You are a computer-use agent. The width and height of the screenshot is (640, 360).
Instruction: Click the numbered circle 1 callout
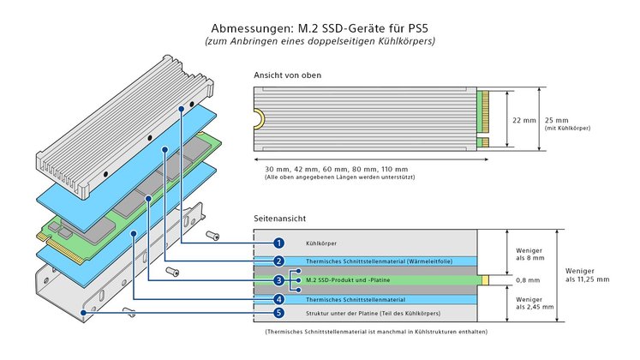tap(278, 243)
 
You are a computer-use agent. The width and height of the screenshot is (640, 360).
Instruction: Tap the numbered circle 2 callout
tap(278, 261)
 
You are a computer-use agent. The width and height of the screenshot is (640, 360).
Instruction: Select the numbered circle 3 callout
tap(278, 279)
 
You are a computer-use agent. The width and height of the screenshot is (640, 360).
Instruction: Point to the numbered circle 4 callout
tap(278, 299)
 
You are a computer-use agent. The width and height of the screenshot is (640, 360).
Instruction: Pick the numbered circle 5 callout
tap(278, 314)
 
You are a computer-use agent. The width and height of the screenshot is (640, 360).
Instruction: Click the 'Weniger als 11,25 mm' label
tap(587, 273)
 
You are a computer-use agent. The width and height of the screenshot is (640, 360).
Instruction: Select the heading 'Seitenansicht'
tap(279, 219)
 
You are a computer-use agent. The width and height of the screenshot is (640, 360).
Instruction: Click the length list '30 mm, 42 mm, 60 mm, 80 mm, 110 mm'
tap(337, 169)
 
